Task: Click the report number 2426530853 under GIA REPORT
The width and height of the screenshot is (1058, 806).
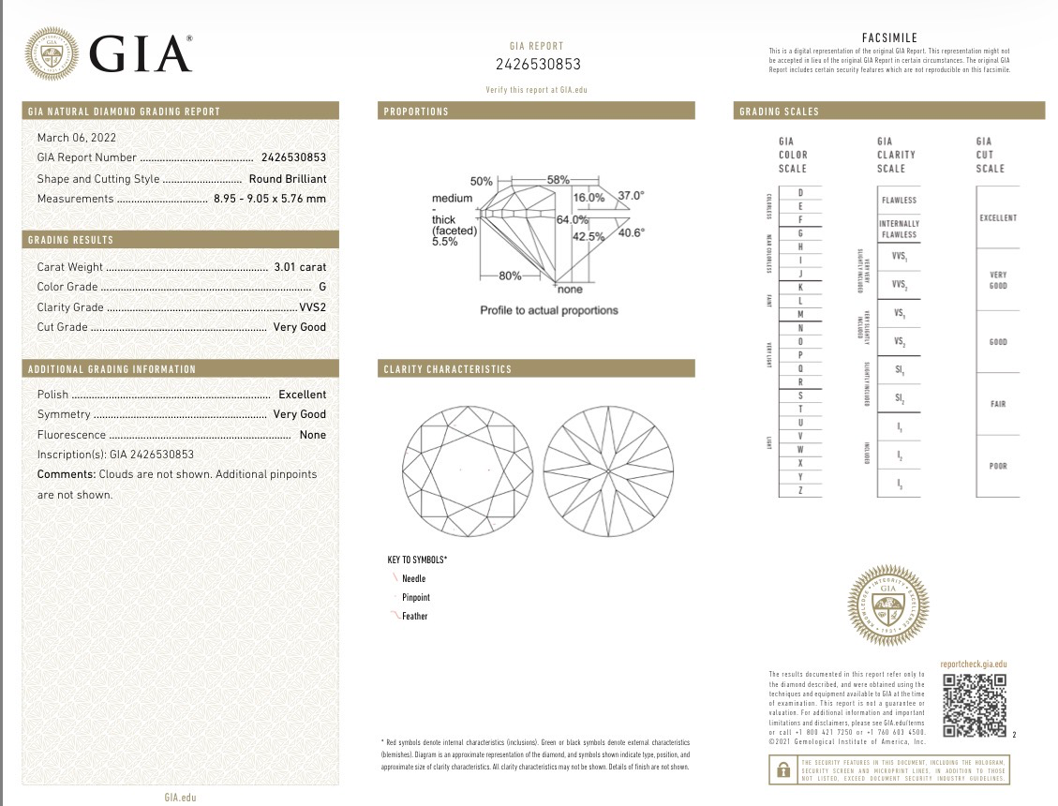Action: click(538, 65)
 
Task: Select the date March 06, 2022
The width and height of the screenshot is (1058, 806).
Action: click(71, 138)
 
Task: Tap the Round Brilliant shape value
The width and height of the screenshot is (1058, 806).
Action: click(287, 178)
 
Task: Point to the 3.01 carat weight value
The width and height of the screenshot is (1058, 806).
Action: click(300, 267)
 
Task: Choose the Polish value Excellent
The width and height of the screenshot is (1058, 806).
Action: click(302, 395)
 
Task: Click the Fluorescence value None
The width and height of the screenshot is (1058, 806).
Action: click(312, 435)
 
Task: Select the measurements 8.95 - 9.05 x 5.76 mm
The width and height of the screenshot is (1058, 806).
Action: click(271, 199)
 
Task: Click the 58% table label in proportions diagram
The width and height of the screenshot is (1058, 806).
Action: click(559, 179)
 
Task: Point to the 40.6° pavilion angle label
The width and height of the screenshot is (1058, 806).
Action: click(631, 232)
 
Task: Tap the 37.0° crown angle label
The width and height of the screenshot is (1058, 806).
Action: click(631, 196)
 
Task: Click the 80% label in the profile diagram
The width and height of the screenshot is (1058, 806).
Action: click(510, 276)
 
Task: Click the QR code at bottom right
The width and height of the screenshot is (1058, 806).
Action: click(975, 705)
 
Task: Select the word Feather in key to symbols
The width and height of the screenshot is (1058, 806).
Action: click(414, 616)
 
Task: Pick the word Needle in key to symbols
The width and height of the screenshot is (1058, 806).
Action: click(413, 578)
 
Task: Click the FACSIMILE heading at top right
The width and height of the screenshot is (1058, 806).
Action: click(888, 37)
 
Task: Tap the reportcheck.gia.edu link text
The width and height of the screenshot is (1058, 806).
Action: click(973, 663)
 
